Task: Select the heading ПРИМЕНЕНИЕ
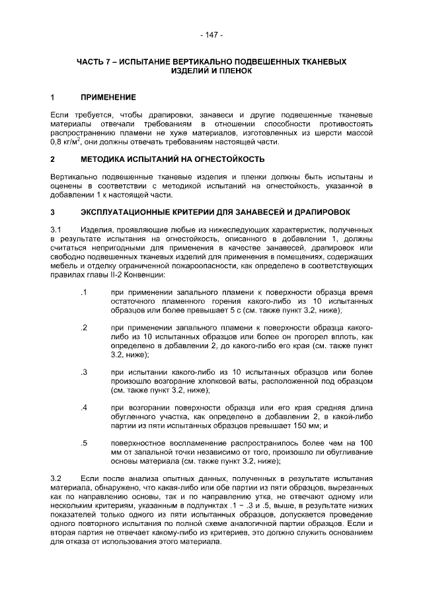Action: (108, 96)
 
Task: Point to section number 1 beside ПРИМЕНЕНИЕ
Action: (53, 96)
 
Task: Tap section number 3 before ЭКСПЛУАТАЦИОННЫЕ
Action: (53, 211)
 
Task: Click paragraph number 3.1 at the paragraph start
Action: (57, 229)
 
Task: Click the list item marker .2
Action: (83, 328)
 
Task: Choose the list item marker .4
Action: (83, 407)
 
